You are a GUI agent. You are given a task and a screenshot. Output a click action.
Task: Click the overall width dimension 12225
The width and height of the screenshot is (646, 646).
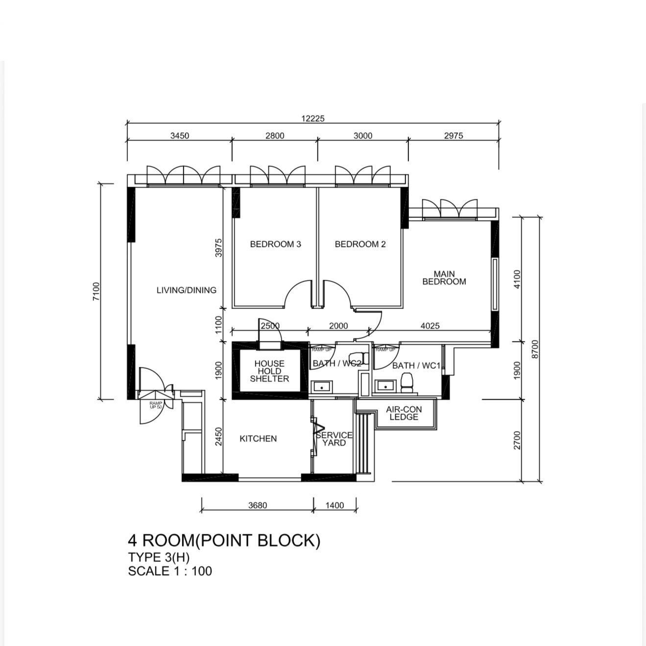click(x=313, y=119)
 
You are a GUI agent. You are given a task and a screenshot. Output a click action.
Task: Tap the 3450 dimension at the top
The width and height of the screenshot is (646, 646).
click(x=180, y=136)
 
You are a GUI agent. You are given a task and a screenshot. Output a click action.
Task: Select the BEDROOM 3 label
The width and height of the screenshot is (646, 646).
click(x=276, y=244)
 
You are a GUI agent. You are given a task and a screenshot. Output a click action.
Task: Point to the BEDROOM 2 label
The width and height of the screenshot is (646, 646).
click(x=360, y=244)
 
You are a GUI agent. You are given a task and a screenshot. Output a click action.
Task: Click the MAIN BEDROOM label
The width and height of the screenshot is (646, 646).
click(x=444, y=278)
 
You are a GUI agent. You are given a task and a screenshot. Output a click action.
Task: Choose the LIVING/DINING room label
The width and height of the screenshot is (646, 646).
click(x=187, y=290)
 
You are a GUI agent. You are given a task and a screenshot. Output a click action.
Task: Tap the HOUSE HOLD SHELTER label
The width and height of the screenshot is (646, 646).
click(x=269, y=371)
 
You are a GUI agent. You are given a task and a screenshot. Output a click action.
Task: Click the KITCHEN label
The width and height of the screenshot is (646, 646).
click(x=258, y=438)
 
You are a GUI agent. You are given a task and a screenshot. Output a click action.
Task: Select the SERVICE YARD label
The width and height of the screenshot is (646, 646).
click(x=334, y=439)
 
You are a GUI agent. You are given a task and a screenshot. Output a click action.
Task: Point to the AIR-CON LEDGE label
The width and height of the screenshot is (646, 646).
click(x=404, y=413)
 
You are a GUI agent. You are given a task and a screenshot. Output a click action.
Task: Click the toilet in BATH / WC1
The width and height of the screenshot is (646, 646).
click(x=407, y=383)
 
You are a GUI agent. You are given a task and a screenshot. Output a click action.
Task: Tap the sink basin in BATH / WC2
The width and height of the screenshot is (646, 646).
click(x=322, y=386)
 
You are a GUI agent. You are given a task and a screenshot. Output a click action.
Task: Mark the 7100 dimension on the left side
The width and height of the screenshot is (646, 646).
click(x=96, y=291)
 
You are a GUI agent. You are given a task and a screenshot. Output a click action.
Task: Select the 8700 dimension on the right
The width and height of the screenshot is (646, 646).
click(x=535, y=349)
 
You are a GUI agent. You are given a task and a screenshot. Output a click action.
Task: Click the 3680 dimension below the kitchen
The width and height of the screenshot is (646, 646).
click(x=258, y=505)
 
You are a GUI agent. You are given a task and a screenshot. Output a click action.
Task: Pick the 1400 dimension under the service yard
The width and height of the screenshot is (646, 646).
click(x=335, y=505)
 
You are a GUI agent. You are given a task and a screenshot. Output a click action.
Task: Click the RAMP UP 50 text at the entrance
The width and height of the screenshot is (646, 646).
click(x=156, y=405)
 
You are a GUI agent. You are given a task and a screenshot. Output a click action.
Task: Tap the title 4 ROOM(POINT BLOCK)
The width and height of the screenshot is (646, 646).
click(x=224, y=540)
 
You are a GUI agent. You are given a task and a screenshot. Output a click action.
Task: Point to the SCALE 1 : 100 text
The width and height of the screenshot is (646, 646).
click(x=170, y=571)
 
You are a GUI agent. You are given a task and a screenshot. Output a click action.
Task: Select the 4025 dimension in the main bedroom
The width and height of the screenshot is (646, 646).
click(x=430, y=326)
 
